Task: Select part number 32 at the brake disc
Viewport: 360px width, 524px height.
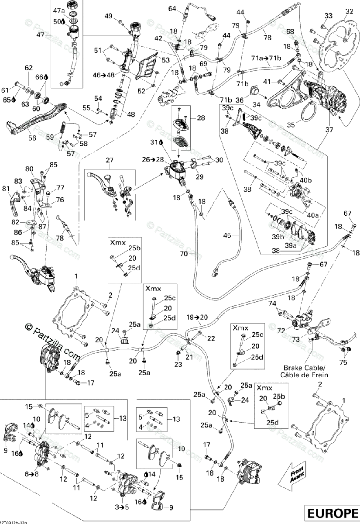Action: click(x=349, y=11)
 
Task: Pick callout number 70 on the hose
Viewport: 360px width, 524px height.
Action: click(x=184, y=253)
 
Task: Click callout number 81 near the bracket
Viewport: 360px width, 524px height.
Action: click(x=6, y=189)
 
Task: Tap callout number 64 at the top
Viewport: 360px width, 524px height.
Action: click(x=172, y=9)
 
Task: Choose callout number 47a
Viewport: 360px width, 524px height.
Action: click(x=58, y=10)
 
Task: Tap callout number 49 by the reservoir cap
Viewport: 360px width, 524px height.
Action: click(x=109, y=16)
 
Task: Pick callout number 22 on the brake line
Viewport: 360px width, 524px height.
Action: click(x=211, y=338)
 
